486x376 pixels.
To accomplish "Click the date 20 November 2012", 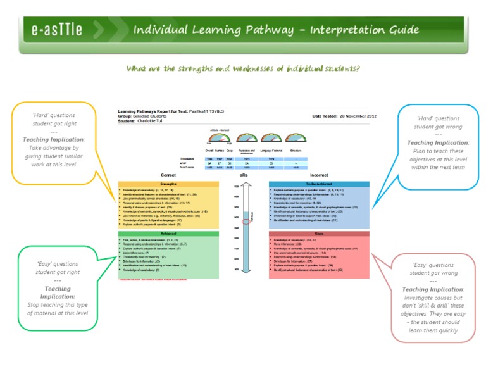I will point(358,116).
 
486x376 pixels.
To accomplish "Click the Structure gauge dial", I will point(294,137).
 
